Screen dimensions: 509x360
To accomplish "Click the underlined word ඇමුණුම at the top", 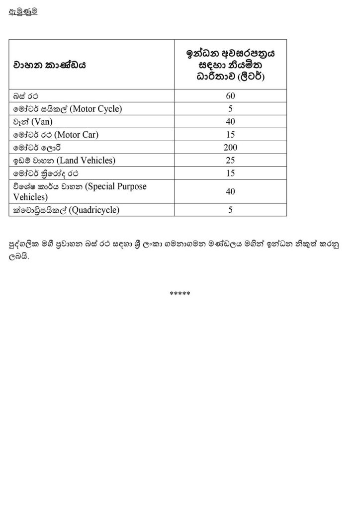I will click(x=23, y=12).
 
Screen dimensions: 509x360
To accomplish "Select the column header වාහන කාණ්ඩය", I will click(x=50, y=65).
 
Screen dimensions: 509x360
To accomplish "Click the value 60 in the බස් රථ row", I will click(x=230, y=96).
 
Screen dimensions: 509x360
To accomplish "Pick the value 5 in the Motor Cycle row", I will click(x=231, y=109).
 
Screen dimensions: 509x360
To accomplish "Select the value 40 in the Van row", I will click(x=230, y=122).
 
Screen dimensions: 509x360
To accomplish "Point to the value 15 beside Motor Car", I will click(x=230, y=135).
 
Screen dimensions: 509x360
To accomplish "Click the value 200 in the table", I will click(x=230, y=148).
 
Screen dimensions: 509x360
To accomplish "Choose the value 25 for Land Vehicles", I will click(x=230, y=161).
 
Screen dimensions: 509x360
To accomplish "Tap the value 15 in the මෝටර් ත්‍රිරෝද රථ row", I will click(x=230, y=173).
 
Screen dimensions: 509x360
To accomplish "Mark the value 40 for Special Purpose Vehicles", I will click(x=230, y=191).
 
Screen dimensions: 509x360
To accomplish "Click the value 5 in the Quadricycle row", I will click(x=231, y=210).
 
